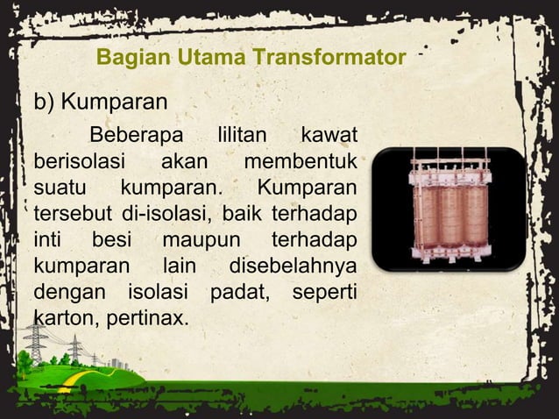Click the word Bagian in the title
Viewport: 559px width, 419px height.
point(126,59)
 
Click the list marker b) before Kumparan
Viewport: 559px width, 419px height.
point(44,103)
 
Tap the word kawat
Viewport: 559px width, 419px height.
point(329,137)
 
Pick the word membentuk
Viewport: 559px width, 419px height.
point(300,162)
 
